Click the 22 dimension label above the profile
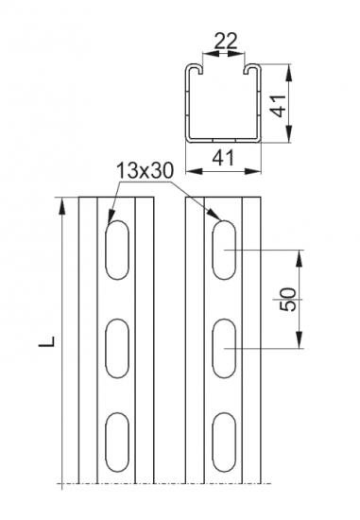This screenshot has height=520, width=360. pyautogui.click(x=226, y=41)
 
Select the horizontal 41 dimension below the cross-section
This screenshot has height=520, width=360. pyautogui.click(x=223, y=158)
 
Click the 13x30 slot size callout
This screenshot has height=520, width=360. pyautogui.click(x=145, y=171)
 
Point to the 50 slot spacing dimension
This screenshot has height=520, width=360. pyautogui.click(x=288, y=299)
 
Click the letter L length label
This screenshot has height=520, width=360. pyautogui.click(x=46, y=341)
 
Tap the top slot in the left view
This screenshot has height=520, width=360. pyautogui.click(x=117, y=250)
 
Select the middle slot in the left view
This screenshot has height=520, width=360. pyautogui.click(x=117, y=348)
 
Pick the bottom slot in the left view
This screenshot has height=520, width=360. pyautogui.click(x=117, y=442)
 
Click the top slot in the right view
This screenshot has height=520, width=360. pyautogui.click(x=224, y=250)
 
